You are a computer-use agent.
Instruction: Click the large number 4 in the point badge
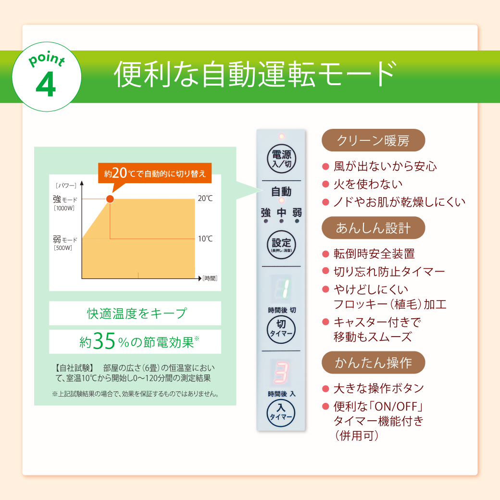pyautogui.click(x=46, y=84)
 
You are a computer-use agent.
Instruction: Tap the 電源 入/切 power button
pyautogui.click(x=281, y=159)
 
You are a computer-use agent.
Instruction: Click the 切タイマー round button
pyautogui.click(x=281, y=329)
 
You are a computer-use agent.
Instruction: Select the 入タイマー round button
pyautogui.click(x=281, y=413)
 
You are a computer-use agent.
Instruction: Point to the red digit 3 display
pyautogui.click(x=281, y=372)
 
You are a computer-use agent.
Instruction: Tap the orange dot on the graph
pyautogui.click(x=110, y=199)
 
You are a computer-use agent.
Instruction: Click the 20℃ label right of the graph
pyautogui.click(x=205, y=199)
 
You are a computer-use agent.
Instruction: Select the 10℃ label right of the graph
pyautogui.click(x=205, y=238)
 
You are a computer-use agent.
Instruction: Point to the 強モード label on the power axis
pyautogui.click(x=65, y=200)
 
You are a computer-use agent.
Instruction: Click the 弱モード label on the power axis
pyautogui.click(x=65, y=239)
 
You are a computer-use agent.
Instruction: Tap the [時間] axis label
pyautogui.click(x=210, y=278)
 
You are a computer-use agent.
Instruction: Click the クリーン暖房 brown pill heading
pyautogui.click(x=373, y=140)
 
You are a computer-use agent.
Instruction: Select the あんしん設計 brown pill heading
pyautogui.click(x=373, y=228)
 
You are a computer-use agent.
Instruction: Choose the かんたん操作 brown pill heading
pyautogui.click(x=373, y=362)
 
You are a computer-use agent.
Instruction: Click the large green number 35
pyautogui.click(x=104, y=341)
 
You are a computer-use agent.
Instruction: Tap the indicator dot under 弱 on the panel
pyautogui.click(x=297, y=221)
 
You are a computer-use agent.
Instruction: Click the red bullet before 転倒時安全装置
pyautogui.click(x=325, y=254)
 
